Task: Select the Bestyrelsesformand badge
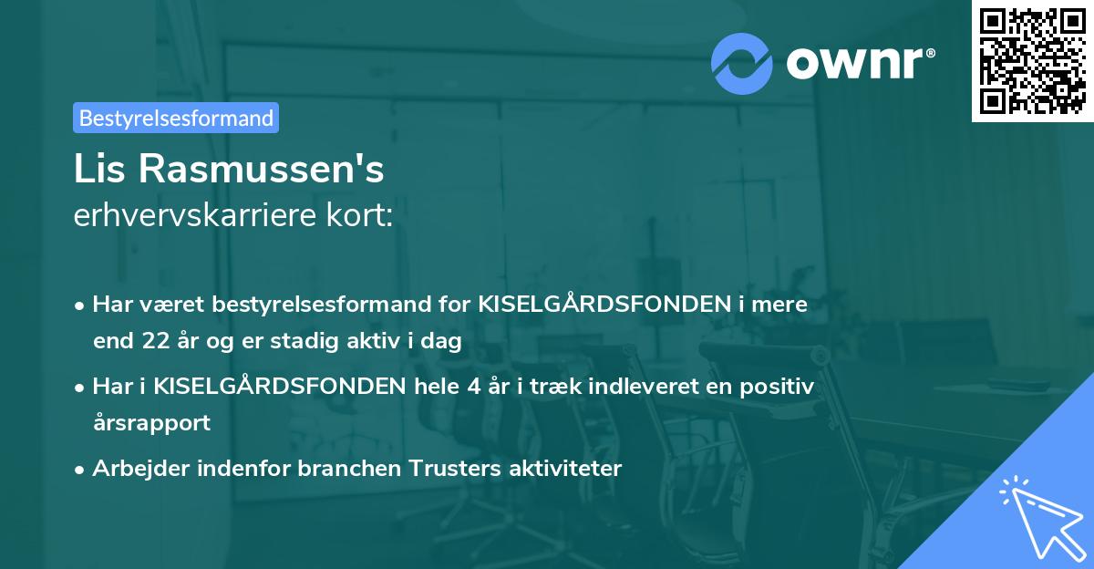[176, 118]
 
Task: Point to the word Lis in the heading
[101, 171]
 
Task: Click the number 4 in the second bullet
[473, 387]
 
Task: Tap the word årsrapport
[151, 423]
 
